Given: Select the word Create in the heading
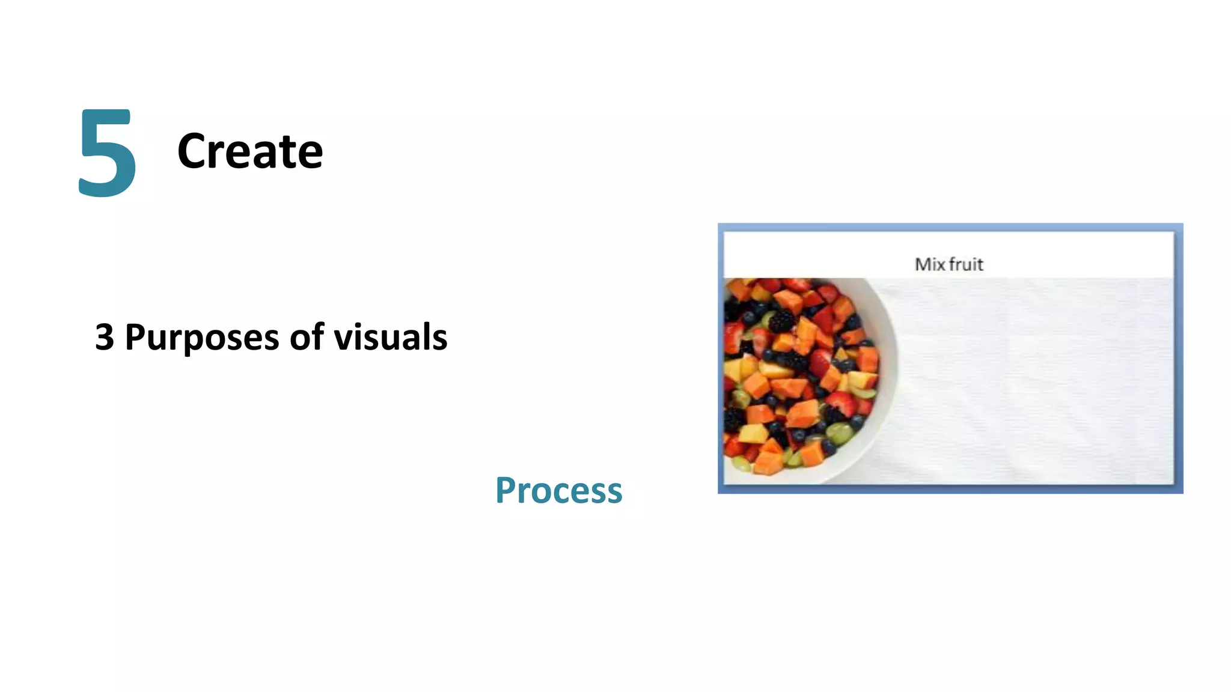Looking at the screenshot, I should [250, 151].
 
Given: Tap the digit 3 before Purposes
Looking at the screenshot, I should [105, 337].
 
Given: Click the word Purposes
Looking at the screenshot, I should [201, 338].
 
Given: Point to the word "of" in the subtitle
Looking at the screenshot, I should [307, 336].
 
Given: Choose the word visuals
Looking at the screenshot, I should [391, 336].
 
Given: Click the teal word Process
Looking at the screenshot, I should [559, 490].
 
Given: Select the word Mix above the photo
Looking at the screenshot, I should [929, 264].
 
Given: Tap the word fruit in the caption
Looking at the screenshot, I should [967, 264].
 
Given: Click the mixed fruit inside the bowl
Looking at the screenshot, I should [793, 372].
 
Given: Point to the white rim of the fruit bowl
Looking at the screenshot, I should [887, 384].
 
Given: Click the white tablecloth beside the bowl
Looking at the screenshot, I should [1034, 384].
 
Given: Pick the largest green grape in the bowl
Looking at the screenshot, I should [839, 431].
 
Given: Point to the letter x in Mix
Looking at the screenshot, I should [940, 265].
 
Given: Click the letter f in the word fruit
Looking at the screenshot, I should [952, 264].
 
